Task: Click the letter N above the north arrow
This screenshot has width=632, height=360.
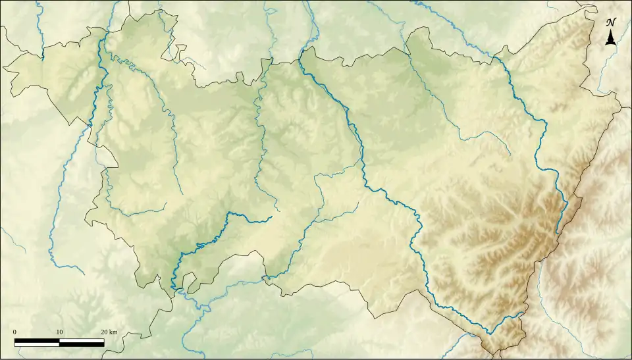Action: tap(611, 22)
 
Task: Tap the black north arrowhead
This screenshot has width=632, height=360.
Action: tap(611, 38)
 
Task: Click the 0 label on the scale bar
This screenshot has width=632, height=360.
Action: tap(14, 331)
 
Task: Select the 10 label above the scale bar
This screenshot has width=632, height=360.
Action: tap(59, 331)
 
